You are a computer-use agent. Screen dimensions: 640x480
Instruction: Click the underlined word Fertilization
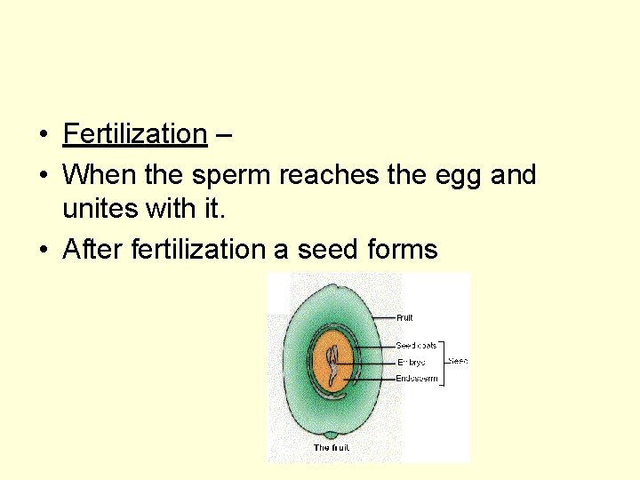[x=134, y=134]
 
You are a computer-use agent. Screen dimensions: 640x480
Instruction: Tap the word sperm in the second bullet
[x=233, y=174]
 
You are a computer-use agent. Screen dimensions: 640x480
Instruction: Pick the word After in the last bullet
[x=92, y=250]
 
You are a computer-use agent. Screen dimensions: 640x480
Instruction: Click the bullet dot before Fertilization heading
[x=43, y=135]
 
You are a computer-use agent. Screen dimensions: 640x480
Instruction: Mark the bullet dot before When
[x=43, y=175]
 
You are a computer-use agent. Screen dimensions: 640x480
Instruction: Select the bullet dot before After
[x=43, y=251]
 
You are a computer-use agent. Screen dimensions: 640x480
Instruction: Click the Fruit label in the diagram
[x=404, y=317]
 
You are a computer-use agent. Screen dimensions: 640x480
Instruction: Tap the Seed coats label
[x=416, y=345]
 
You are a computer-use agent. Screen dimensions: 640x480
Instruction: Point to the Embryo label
[x=411, y=362]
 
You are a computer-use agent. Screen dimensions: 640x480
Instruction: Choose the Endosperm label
[x=416, y=379]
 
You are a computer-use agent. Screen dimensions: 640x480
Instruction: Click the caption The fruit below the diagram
[x=332, y=448]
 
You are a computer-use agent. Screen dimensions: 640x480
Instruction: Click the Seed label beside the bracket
[x=458, y=361]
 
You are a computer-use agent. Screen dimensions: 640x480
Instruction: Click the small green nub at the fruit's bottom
[x=332, y=436]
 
